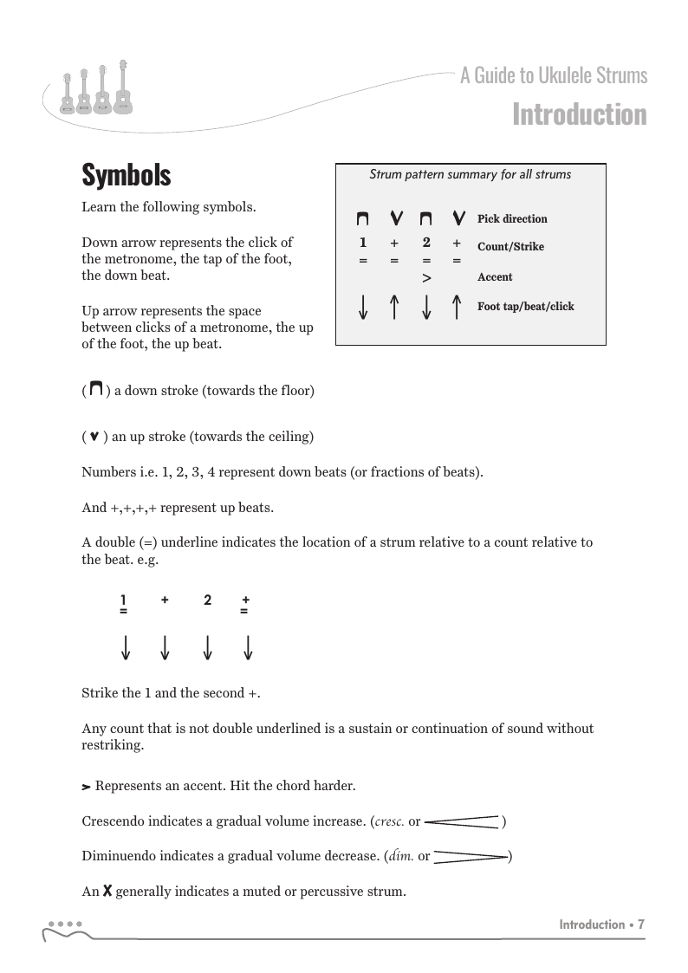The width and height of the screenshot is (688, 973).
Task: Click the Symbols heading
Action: (x=127, y=176)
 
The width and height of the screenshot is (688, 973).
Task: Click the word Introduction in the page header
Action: (x=579, y=115)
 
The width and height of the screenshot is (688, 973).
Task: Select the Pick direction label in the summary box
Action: (x=512, y=219)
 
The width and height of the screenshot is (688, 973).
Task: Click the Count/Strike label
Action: (x=510, y=247)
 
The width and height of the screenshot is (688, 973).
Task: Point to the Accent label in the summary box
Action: (x=495, y=277)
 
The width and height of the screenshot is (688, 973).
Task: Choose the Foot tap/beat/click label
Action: (x=525, y=307)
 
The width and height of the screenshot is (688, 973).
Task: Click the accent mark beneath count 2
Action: (x=426, y=278)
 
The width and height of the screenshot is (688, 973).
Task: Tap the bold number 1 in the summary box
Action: (x=363, y=243)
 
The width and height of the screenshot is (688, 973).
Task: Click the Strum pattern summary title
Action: (x=471, y=175)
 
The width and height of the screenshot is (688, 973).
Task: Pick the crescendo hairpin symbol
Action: (x=463, y=821)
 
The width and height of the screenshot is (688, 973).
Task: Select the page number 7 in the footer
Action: (x=641, y=924)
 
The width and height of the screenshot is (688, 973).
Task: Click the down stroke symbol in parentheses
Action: (x=96, y=389)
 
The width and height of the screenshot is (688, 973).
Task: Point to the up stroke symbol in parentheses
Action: (x=94, y=437)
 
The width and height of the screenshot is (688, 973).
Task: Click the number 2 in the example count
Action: (x=207, y=600)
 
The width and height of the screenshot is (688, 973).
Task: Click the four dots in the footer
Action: (x=65, y=924)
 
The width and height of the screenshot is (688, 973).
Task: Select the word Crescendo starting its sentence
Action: (x=114, y=821)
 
